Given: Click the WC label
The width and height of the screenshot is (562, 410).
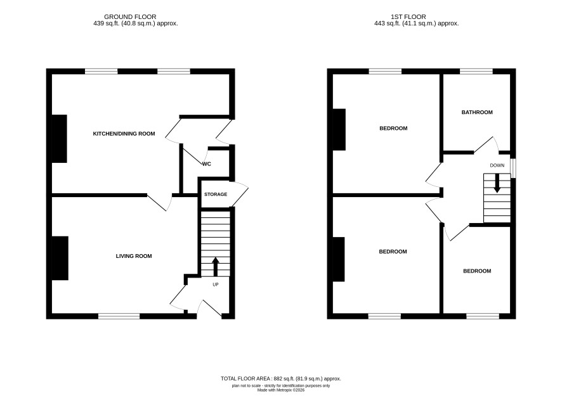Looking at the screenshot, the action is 207,164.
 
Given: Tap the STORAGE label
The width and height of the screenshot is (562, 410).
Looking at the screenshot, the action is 216,195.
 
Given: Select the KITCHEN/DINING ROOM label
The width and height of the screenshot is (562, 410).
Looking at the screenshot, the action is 124,134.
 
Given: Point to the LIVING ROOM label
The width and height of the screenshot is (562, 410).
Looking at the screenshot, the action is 134,256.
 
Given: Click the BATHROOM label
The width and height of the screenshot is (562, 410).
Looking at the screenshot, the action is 477,112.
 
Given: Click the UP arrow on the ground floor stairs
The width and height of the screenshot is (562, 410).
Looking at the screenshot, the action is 216,266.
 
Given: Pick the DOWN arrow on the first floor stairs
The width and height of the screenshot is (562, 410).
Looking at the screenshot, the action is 497,183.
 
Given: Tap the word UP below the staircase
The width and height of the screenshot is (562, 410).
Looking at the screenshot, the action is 216,285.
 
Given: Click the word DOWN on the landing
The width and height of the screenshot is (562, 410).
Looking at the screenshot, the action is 497,165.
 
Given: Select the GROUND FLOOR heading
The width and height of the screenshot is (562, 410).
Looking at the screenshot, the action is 130,17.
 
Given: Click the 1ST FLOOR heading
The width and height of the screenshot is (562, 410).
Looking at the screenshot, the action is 408,17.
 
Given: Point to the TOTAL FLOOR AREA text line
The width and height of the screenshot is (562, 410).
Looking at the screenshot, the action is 281,379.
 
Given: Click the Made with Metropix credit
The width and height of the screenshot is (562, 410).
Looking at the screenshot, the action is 281,390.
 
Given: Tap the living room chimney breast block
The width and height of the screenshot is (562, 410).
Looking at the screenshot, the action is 60,258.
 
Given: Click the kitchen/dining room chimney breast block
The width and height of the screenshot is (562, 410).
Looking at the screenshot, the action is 60,139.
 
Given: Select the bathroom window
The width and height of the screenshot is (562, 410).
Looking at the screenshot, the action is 476,72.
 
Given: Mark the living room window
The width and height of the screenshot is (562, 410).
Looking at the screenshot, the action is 119,316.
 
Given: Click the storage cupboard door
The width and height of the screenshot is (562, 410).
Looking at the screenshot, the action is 239,195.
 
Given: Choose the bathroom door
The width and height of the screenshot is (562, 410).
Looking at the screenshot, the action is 487,145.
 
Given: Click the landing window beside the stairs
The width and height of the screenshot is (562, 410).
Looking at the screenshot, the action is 513,169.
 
